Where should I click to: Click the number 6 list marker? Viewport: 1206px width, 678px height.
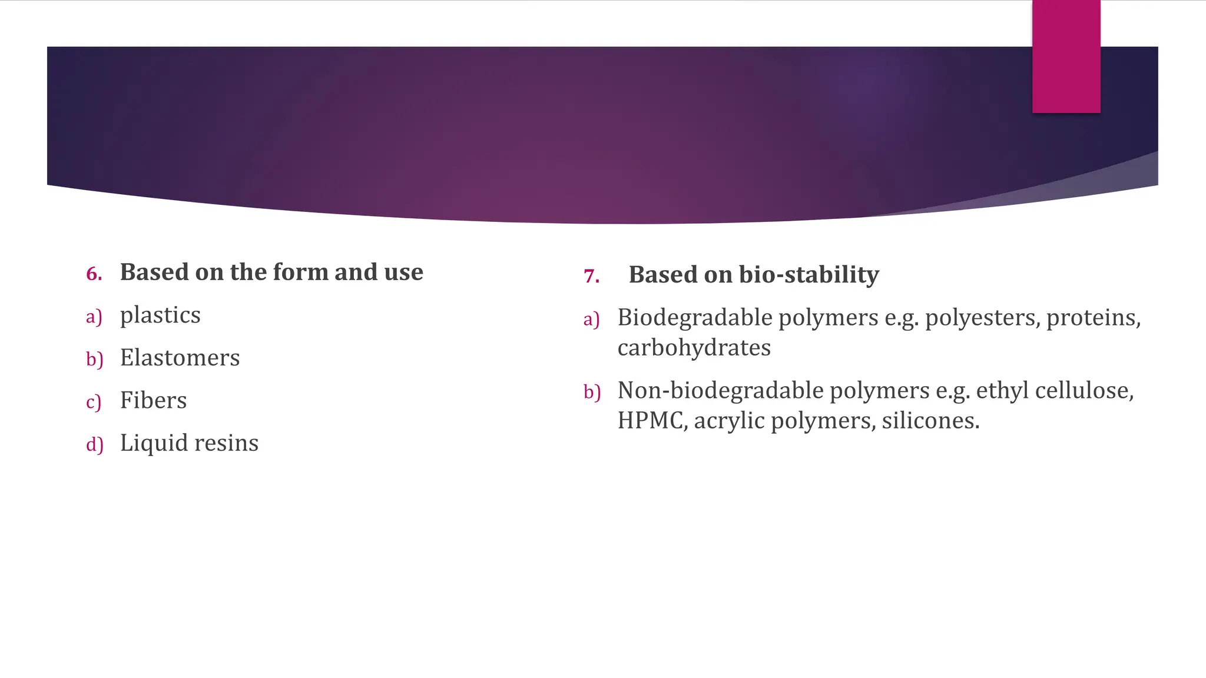pos(94,274)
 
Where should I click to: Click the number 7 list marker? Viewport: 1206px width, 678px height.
pos(591,276)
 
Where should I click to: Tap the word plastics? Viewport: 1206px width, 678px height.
pos(160,315)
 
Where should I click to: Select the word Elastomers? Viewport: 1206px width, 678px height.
pos(180,358)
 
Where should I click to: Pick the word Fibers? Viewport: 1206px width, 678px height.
pos(153,401)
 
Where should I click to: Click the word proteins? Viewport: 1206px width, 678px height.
pos(1093,318)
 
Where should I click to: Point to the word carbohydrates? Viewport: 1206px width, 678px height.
pos(694,348)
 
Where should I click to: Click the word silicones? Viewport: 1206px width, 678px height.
pos(930,421)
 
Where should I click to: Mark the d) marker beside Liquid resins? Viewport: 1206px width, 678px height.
pos(94,444)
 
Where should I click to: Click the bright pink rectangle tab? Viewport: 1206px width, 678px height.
pos(1066,56)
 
